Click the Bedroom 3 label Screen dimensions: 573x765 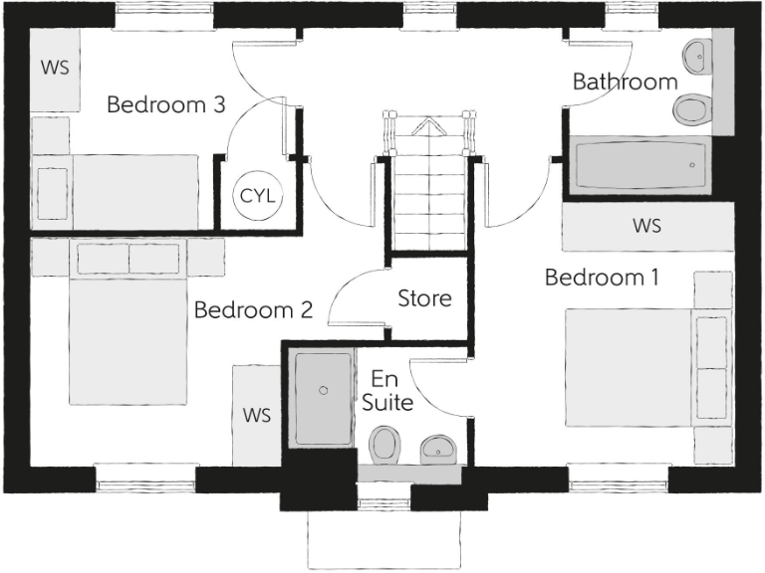click(166, 104)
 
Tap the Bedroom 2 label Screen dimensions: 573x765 click(253, 310)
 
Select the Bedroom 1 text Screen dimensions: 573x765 click(602, 278)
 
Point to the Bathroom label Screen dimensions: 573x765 click(625, 82)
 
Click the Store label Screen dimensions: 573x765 click(425, 298)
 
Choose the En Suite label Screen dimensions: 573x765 click(386, 391)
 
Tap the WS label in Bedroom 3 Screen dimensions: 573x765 click(53, 68)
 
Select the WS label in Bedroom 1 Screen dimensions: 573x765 click(646, 226)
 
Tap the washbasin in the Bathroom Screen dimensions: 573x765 click(699, 55)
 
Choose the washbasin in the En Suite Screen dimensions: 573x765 click(435, 449)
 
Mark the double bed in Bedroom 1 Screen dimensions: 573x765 click(637, 367)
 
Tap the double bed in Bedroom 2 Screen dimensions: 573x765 click(127, 328)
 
